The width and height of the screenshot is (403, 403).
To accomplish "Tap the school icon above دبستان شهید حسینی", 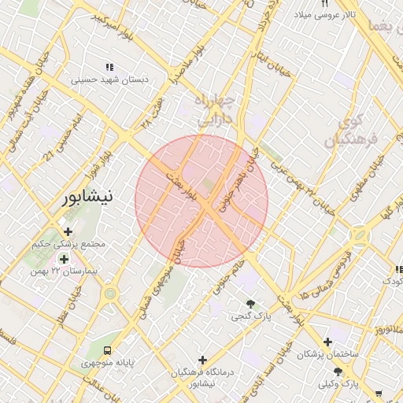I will click(x=109, y=67).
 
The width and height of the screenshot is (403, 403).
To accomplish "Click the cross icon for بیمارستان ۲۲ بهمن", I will click(x=63, y=258).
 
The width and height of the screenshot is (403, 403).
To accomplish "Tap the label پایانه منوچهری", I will click(x=108, y=364).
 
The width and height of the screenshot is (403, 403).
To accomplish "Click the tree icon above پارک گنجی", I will click(x=250, y=304).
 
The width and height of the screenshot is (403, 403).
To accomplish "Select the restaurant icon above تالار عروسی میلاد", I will click(x=325, y=4).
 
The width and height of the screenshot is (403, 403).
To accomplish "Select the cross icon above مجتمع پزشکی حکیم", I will click(x=68, y=232).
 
